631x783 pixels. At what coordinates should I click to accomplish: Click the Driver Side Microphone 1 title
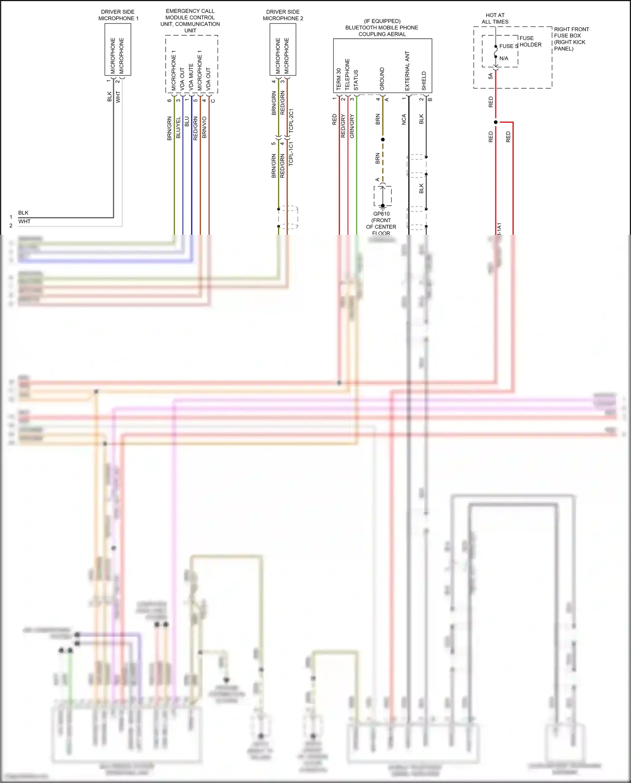pyautogui.click(x=118, y=15)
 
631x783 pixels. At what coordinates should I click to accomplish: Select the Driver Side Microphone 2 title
pyautogui.click(x=283, y=15)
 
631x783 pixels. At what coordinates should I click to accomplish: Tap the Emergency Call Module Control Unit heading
pyautogui.click(x=190, y=21)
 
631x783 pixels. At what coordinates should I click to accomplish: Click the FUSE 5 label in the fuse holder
pyautogui.click(x=508, y=46)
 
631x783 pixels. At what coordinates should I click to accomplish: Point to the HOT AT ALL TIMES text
pyautogui.click(x=495, y=19)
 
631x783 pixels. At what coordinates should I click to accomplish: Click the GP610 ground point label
pyautogui.click(x=381, y=214)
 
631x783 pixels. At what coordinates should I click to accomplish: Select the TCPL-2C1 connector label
pyautogui.click(x=291, y=121)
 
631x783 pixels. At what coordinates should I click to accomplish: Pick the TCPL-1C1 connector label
pyautogui.click(x=291, y=153)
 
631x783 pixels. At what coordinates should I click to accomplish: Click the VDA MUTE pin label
pyautogui.click(x=191, y=77)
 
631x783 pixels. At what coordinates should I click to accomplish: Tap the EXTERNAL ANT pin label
pyautogui.click(x=407, y=71)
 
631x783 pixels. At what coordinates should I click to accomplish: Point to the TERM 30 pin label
pyautogui.click(x=339, y=79)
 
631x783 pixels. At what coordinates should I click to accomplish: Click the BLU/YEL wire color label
pyautogui.click(x=178, y=127)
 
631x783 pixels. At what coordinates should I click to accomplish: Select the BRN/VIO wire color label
pyautogui.click(x=204, y=127)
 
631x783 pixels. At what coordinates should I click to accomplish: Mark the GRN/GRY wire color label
pyautogui.click(x=352, y=126)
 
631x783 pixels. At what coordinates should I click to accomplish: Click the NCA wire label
pyautogui.click(x=404, y=119)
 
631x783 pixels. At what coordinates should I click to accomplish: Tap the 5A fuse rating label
pyautogui.click(x=490, y=76)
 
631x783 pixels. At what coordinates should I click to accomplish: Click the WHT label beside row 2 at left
pyautogui.click(x=24, y=221)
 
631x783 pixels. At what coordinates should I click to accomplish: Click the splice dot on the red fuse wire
pyautogui.click(x=496, y=122)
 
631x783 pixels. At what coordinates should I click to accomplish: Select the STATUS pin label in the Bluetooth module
pyautogui.click(x=356, y=80)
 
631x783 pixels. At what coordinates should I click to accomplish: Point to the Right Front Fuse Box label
pyautogui.click(x=571, y=39)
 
